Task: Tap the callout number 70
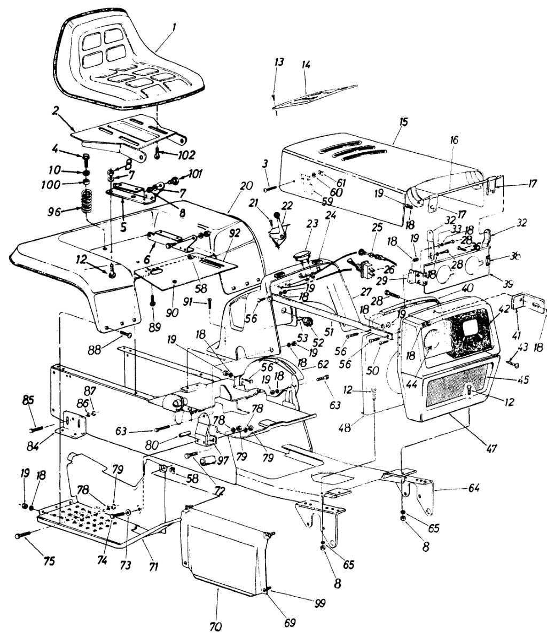point(216,626)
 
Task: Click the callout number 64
point(473,488)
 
